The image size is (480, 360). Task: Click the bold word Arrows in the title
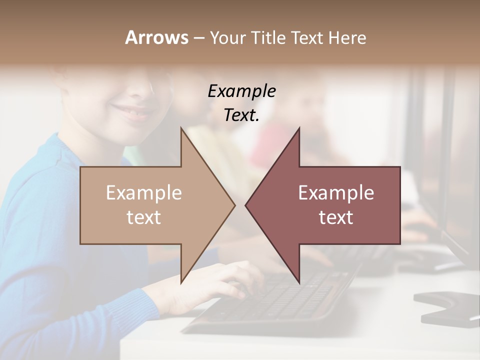pyautogui.click(x=156, y=37)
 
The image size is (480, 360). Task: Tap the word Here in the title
pyautogui.click(x=348, y=37)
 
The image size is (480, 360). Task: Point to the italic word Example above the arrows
pyautogui.click(x=241, y=91)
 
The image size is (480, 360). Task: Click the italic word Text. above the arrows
pyautogui.click(x=241, y=115)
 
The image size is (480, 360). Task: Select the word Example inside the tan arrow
pyautogui.click(x=144, y=192)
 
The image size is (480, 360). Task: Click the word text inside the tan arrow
pyautogui.click(x=144, y=217)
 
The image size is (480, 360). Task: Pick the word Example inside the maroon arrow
pyautogui.click(x=336, y=192)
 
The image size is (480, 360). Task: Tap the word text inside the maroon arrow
pyautogui.click(x=336, y=217)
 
